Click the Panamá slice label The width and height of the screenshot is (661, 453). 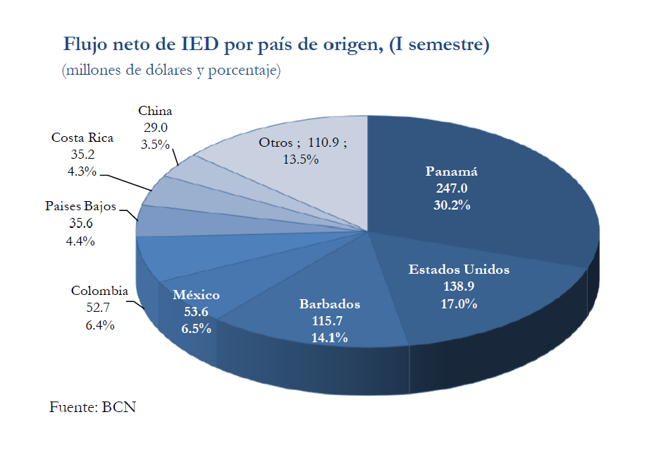pyautogui.click(x=452, y=171)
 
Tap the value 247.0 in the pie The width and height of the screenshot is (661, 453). pyautogui.click(x=452, y=188)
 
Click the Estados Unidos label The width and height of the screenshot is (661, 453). pyautogui.click(x=459, y=270)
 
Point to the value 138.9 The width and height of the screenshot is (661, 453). pyautogui.click(x=459, y=287)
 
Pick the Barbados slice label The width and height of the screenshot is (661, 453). pyautogui.click(x=329, y=304)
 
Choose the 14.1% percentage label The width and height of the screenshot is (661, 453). pyautogui.click(x=329, y=338)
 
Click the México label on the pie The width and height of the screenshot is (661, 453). pyautogui.click(x=196, y=295)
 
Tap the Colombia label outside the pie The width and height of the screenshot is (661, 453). pyautogui.click(x=99, y=291)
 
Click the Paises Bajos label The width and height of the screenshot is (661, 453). pyautogui.click(x=81, y=206)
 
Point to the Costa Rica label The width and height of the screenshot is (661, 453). pyautogui.click(x=82, y=138)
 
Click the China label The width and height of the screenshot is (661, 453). pyautogui.click(x=155, y=111)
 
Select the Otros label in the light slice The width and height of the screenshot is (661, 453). pyautogui.click(x=276, y=143)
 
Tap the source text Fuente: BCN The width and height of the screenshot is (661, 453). pyautogui.click(x=92, y=407)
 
